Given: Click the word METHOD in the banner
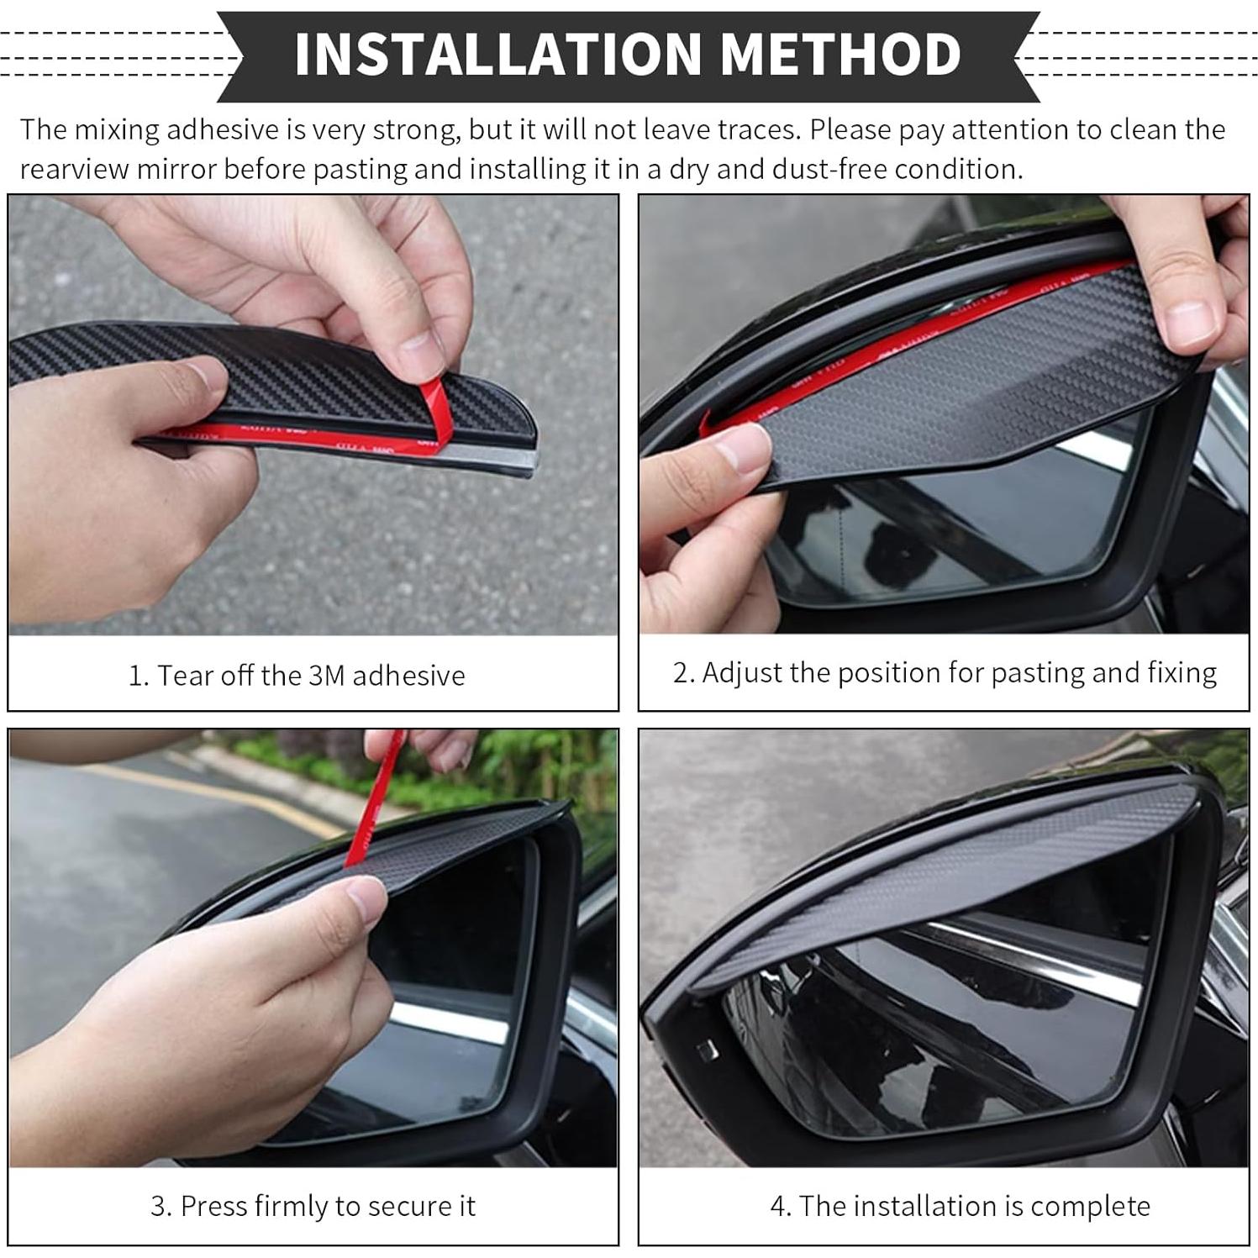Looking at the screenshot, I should pyautogui.click(x=840, y=54).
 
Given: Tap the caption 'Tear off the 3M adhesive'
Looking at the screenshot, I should pyautogui.click(x=297, y=676).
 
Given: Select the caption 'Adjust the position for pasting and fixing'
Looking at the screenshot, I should pyautogui.click(x=945, y=673).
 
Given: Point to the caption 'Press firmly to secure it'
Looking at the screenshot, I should pyautogui.click(x=313, y=1207).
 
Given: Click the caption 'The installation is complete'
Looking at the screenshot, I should pyautogui.click(x=960, y=1207).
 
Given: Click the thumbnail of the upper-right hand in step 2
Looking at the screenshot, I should pyautogui.click(x=1185, y=324).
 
